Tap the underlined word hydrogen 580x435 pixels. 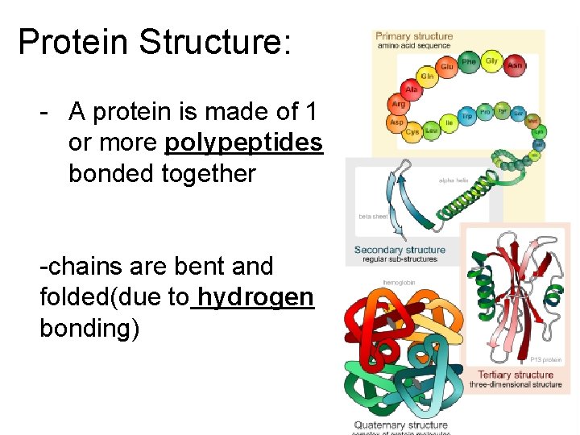255,297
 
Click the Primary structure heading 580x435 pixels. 415,36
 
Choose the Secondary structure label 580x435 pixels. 400,250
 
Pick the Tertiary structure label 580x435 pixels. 516,375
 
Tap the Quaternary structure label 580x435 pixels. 400,425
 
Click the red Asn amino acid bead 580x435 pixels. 515,64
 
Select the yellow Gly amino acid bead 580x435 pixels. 491,60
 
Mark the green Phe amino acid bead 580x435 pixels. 469,61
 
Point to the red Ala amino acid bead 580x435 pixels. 412,90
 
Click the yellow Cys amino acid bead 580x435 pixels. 412,131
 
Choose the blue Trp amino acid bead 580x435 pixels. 466,116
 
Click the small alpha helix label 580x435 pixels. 453,180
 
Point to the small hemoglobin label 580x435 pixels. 400,283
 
